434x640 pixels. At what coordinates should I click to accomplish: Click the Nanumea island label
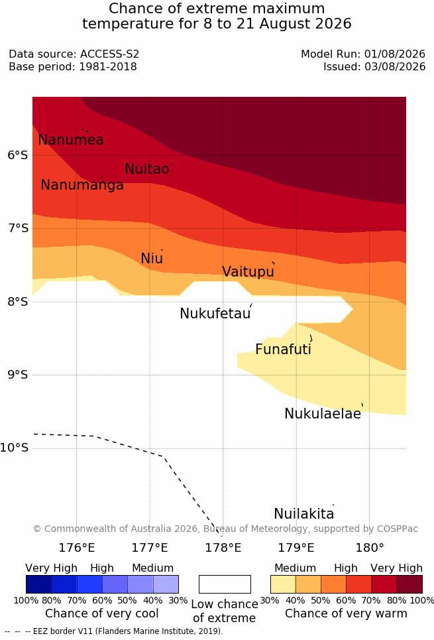pos(71,139)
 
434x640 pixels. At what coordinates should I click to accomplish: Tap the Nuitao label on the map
pos(147,168)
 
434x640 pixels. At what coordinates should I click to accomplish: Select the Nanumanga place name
pos(82,185)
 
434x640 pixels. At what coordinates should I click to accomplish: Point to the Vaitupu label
pos(248,271)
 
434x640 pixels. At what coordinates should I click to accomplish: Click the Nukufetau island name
pos(215,314)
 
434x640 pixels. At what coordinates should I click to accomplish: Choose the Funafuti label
pos(283,350)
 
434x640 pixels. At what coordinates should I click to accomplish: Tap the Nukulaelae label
pos(323,413)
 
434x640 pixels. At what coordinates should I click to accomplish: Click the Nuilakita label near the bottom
pos(304,513)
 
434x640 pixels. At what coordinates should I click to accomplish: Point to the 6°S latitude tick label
pos(18,155)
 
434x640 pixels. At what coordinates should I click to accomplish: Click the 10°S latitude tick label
pos(15,448)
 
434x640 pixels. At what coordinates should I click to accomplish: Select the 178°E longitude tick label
pos(223,547)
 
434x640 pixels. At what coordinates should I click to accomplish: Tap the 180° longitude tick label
pos(370,547)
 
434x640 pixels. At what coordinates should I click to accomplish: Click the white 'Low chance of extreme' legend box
pos(225,584)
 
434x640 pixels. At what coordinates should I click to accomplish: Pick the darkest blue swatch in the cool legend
pos(38,584)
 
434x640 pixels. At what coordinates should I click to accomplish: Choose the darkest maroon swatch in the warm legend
pos(409,584)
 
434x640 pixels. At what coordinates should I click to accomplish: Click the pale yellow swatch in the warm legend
pos(283,584)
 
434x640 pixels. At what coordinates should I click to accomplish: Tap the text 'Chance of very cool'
pos(102,613)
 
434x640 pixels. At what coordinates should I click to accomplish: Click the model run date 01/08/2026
pos(395,54)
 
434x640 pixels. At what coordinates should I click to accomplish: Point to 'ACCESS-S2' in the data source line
pos(110,54)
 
